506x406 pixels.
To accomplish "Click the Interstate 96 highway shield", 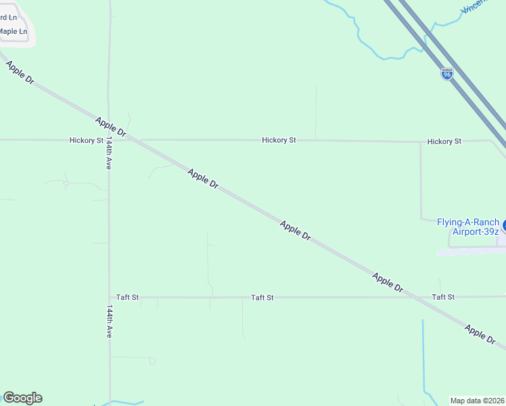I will (x=446, y=74).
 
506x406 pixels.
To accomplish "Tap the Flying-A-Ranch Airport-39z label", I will (x=468, y=227).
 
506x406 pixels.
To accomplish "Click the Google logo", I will (x=22, y=397).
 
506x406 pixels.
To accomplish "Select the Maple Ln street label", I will (x=14, y=31).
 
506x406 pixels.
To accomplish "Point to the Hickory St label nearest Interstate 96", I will (x=444, y=141).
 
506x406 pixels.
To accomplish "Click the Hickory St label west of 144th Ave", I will (x=86, y=140).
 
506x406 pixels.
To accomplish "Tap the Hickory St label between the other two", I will (x=279, y=140).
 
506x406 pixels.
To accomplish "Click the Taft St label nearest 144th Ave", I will (x=127, y=297).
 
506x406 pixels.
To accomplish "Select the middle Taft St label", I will (x=262, y=297).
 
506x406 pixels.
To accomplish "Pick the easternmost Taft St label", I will (x=443, y=297).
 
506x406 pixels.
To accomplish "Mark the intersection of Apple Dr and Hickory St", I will (x=133, y=140).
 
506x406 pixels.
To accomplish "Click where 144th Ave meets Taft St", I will (x=110, y=297).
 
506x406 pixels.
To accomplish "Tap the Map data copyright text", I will (x=478, y=401).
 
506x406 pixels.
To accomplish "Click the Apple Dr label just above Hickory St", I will (x=111, y=127).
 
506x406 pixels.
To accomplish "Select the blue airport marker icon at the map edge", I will (x=503, y=227).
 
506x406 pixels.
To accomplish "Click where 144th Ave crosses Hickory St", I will (x=109, y=140).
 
